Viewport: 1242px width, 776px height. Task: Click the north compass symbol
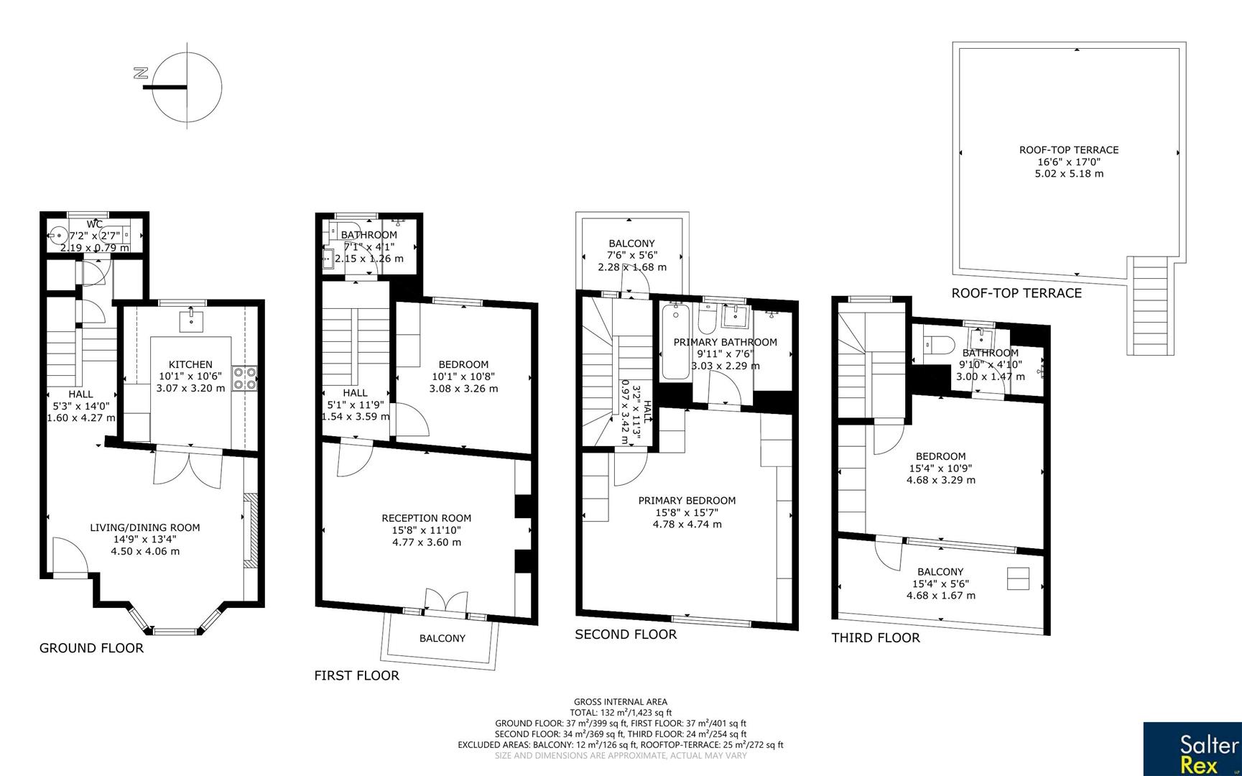pos(186,86)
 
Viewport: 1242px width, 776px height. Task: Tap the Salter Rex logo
pos(1192,749)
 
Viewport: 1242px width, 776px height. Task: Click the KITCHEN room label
pos(190,364)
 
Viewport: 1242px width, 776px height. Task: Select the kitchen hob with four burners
pos(245,377)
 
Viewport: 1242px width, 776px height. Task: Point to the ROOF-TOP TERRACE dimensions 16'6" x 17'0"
pos(1069,162)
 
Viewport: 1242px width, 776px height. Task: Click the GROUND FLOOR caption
pos(91,648)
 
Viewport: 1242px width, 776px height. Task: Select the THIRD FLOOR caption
pos(875,638)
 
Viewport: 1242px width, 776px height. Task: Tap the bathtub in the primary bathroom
pos(674,341)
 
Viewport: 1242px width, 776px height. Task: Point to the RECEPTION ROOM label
pos(426,517)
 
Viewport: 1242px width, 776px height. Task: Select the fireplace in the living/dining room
pos(249,530)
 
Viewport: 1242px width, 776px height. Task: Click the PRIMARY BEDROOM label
pos(687,500)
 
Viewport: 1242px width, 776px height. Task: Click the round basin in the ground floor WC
pos(59,234)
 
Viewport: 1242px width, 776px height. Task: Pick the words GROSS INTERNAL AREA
pos(620,702)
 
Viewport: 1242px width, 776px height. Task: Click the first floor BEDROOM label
pos(463,364)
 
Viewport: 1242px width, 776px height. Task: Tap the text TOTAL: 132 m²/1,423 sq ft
pos(620,713)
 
